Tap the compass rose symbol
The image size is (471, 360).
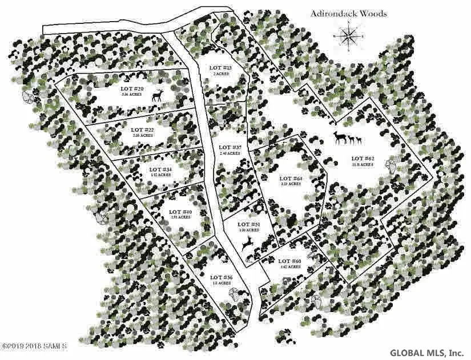click(x=347, y=38)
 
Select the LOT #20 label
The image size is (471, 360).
click(x=131, y=89)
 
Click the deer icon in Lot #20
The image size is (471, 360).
click(x=158, y=95)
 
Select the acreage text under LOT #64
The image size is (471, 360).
click(x=291, y=184)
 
